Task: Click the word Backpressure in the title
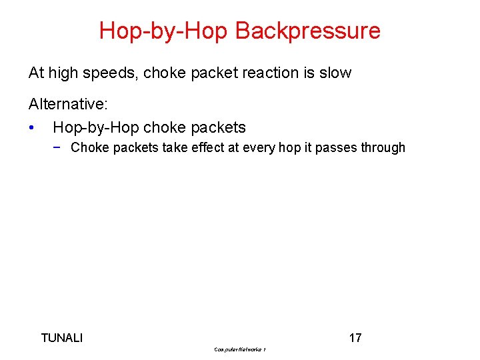[308, 31]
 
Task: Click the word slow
[335, 73]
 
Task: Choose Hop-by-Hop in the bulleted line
[95, 127]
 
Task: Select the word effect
[208, 148]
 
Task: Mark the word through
[383, 148]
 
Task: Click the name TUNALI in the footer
[62, 338]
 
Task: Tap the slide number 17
[355, 338]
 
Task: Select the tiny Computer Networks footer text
[240, 349]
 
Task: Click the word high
[65, 73]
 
